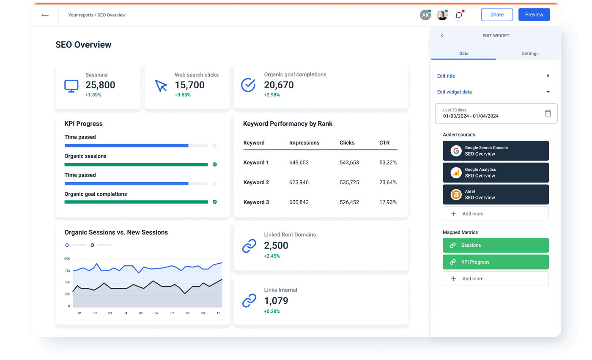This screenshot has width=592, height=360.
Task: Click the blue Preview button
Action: coord(534,14)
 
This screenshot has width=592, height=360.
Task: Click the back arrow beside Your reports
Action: coord(45,15)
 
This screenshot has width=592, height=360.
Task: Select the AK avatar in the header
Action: coord(425,15)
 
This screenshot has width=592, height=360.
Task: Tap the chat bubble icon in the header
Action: coord(459,15)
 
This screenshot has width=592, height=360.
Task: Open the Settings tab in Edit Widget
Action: coord(530,54)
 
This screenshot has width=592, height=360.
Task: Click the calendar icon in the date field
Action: coord(548,113)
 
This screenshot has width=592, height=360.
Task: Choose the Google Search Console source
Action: coord(496,151)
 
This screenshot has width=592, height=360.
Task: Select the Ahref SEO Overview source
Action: coord(496,194)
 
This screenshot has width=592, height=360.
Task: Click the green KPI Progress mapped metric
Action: coord(496,262)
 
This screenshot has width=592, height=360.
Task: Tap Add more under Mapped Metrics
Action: coord(496,279)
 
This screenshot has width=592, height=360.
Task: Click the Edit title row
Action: coord(493,76)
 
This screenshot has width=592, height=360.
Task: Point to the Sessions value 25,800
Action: coord(100,85)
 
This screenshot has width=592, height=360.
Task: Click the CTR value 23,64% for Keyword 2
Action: coord(388,183)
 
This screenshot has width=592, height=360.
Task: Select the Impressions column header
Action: coord(304,143)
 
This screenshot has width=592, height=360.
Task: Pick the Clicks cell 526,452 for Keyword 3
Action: coord(349,202)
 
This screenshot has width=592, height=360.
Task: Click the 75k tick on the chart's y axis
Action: coord(67,270)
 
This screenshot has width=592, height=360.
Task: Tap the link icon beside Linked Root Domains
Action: coord(249,246)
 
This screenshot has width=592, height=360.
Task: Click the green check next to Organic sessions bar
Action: coord(214,164)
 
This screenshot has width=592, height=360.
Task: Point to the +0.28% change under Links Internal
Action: coord(272,311)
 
